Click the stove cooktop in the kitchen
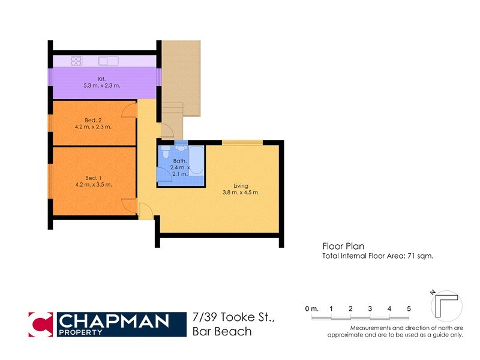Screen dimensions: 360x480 pos(77,61)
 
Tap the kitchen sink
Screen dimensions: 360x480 pos(109,61)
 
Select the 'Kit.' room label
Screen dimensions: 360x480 pos(102,79)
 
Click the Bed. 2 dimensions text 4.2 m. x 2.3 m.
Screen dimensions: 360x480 pos(93,127)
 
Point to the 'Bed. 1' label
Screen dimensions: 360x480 pos(91,178)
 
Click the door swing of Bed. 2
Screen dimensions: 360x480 pos(128,110)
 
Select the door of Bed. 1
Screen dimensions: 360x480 pos(128,205)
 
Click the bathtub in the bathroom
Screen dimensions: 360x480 pos(196,160)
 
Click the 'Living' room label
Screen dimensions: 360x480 pos(241,185)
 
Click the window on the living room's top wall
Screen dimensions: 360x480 pos(242,142)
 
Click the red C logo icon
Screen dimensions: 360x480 pos(41,325)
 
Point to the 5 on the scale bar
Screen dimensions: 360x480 pos(409,308)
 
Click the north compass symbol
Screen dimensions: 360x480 pos(446,306)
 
